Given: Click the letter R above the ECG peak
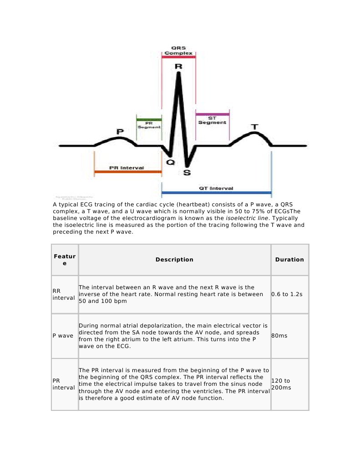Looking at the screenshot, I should click(x=178, y=67).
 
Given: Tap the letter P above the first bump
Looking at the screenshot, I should click(x=120, y=132).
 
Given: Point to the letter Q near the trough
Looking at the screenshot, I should click(x=170, y=162).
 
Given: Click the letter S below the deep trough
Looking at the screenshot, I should click(x=187, y=172).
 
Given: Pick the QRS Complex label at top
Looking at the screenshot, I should click(x=178, y=50).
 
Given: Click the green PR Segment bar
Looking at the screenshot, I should click(x=148, y=119).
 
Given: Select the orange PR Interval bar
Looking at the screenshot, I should click(x=127, y=172).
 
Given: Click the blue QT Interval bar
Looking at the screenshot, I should click(x=216, y=193).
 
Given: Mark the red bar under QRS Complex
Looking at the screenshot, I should click(x=178, y=57).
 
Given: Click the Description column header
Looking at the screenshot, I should click(x=174, y=260).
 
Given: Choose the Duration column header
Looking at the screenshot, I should click(x=289, y=260).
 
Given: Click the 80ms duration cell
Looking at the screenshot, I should click(x=279, y=336).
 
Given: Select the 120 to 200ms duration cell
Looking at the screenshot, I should click(x=281, y=384).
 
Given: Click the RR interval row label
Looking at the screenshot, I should click(x=64, y=294).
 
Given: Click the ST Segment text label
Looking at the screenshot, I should click(x=212, y=121).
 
